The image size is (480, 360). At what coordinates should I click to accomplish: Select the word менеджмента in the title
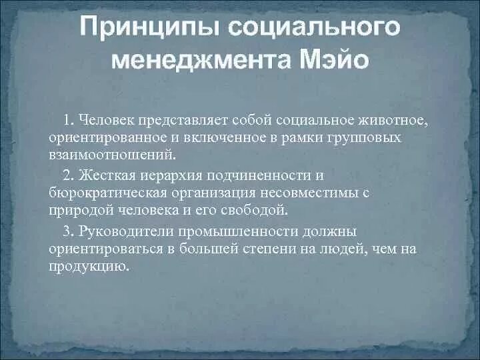coord(199,61)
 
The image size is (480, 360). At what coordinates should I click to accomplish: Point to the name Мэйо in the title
coord(331,61)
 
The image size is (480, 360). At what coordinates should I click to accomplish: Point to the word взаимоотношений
coord(113,155)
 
